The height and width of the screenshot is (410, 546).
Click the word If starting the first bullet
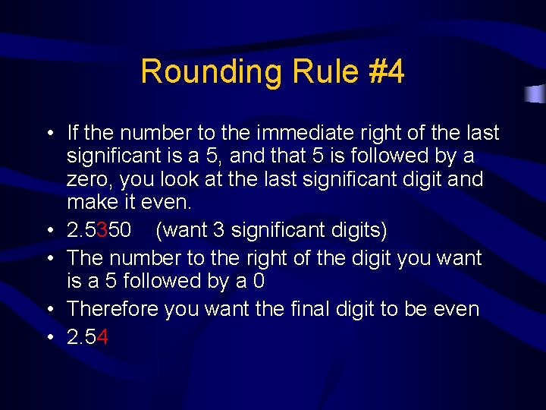73,134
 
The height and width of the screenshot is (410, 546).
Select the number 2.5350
99,229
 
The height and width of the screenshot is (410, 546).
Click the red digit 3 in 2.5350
102,229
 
